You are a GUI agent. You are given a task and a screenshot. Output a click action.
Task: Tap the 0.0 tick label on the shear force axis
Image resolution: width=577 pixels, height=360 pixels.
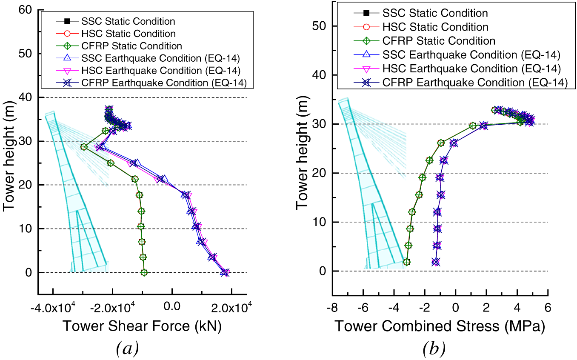(172, 306)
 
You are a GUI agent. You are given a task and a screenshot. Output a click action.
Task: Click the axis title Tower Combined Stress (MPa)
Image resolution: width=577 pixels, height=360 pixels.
(440, 326)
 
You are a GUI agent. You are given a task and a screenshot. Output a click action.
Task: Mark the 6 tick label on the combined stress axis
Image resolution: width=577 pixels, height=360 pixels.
(548, 306)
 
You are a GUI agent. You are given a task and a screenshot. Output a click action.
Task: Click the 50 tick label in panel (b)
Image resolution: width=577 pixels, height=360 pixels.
(320, 26)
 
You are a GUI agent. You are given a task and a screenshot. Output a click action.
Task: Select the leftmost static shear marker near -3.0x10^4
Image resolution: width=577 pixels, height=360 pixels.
(84, 147)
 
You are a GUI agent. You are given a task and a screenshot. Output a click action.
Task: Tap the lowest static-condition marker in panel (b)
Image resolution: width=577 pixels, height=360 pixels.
(406, 262)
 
